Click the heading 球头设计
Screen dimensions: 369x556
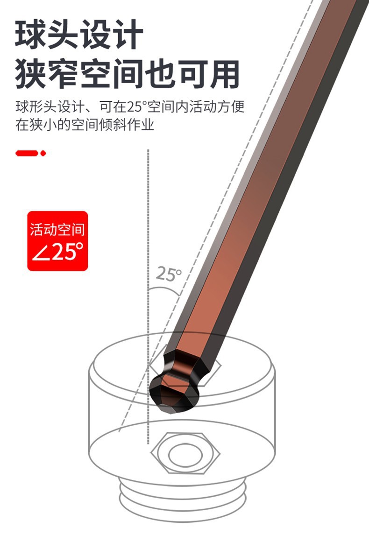[x=79, y=34]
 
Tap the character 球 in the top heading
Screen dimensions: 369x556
[x=30, y=34]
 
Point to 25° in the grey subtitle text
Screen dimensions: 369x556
[x=135, y=106]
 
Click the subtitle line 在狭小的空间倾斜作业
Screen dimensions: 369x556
[x=85, y=125]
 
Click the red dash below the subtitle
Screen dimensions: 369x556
[x=27, y=153]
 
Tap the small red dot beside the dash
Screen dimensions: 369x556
[x=43, y=153]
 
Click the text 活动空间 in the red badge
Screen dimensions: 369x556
[x=57, y=229]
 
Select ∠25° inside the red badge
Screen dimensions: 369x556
[x=57, y=252]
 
